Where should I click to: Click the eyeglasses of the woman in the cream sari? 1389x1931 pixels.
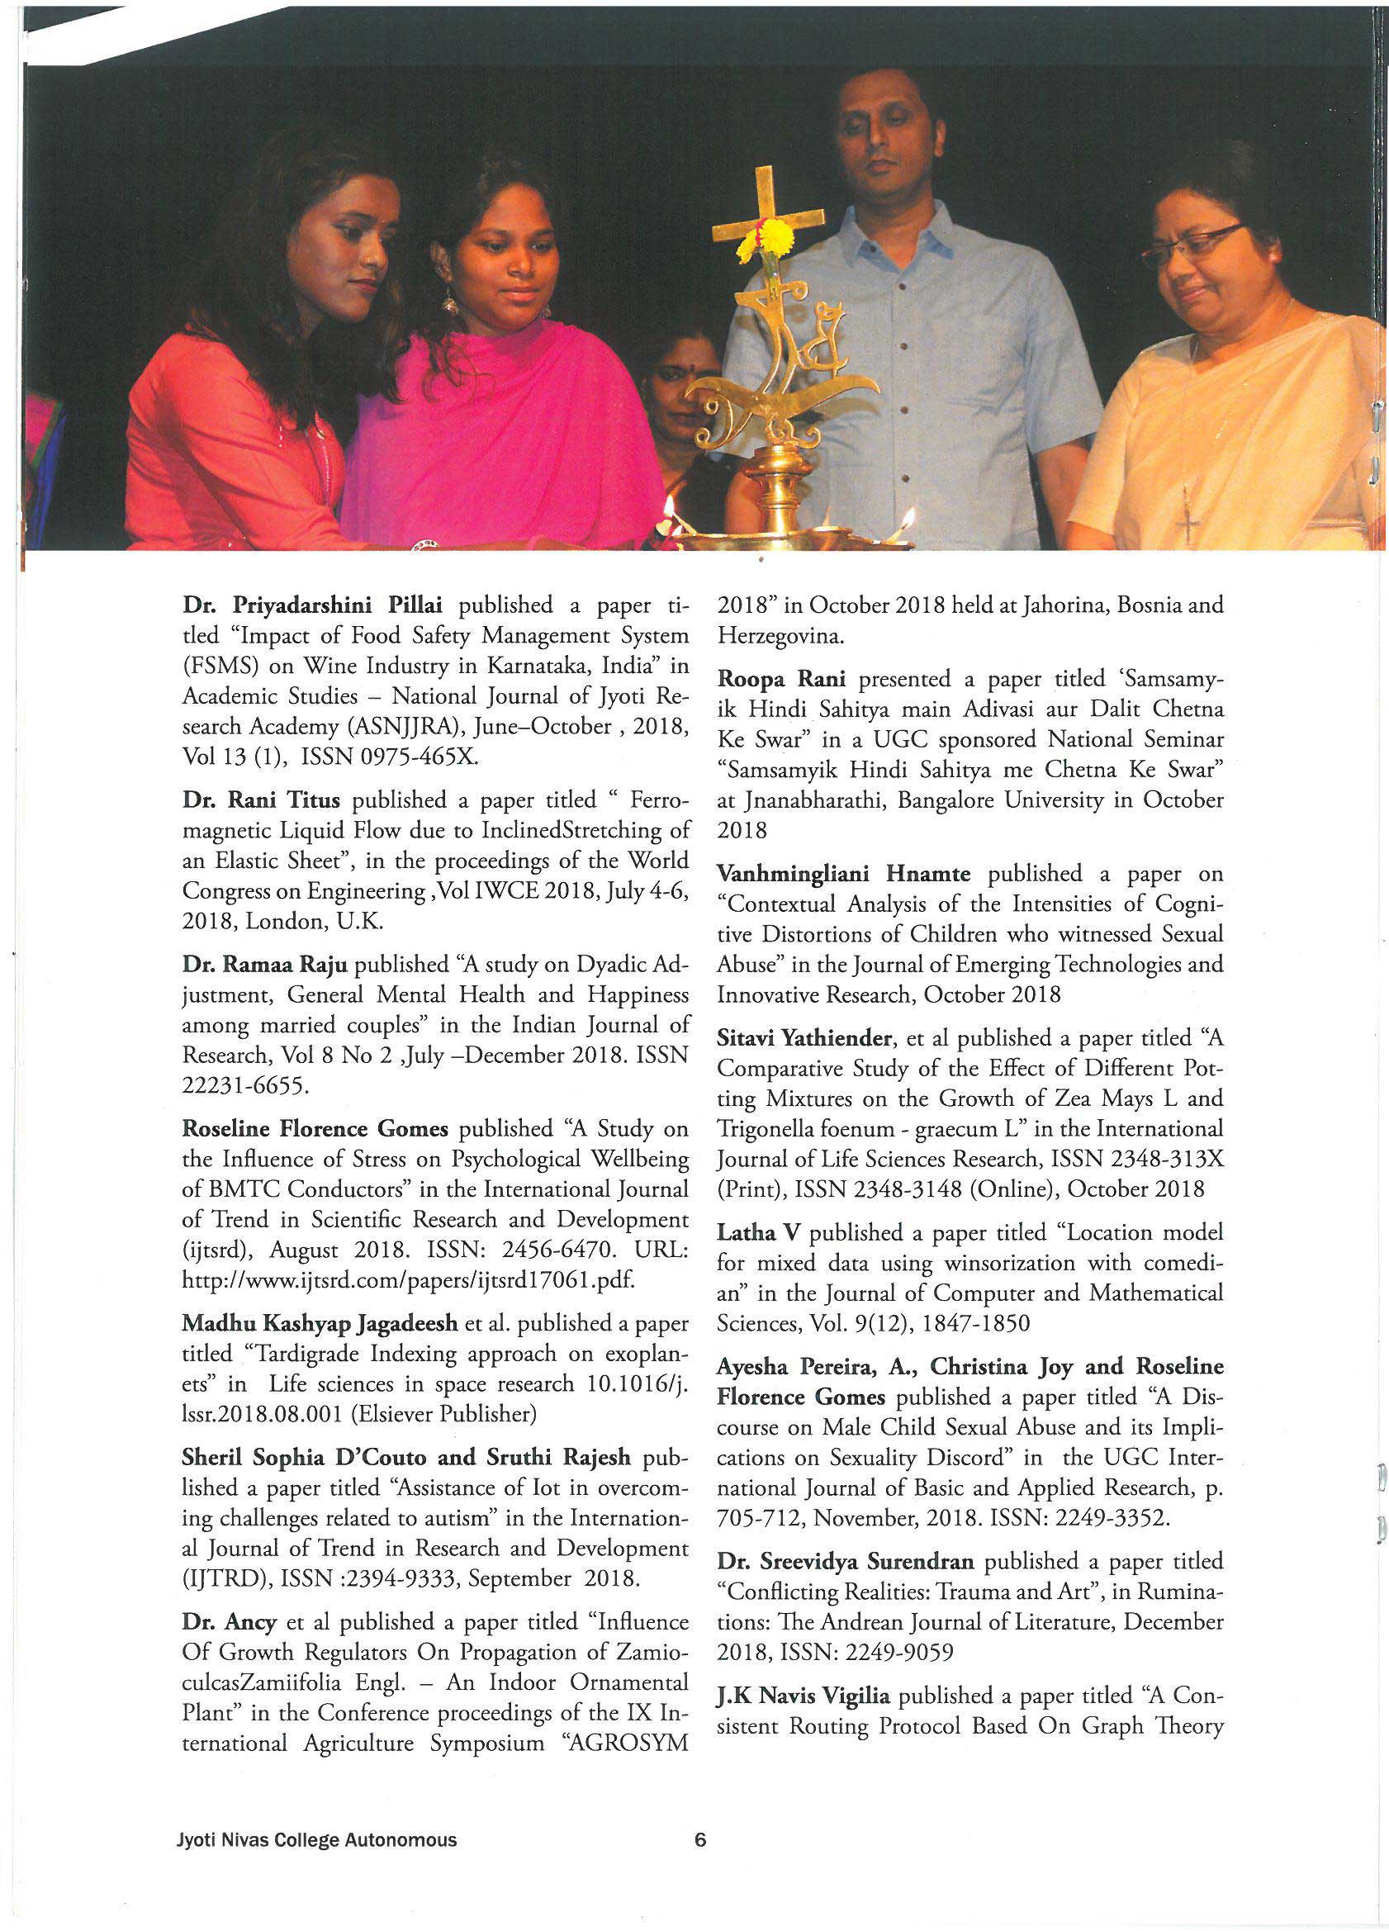[1189, 240]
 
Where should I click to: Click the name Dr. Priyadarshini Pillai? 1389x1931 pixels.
[315, 605]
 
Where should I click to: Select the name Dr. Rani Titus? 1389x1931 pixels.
[261, 800]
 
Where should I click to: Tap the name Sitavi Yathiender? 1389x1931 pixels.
[804, 1038]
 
